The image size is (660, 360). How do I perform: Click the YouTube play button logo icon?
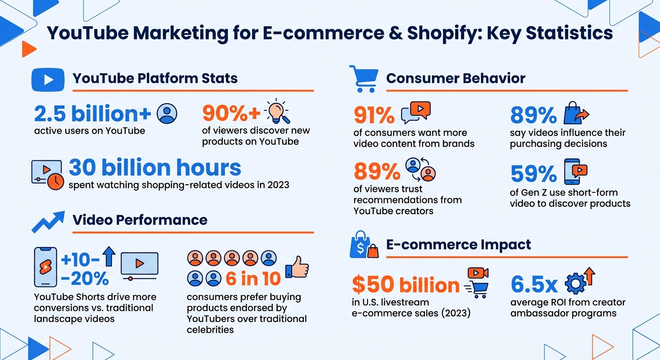(x=47, y=79)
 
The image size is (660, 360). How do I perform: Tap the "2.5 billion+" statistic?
(x=93, y=114)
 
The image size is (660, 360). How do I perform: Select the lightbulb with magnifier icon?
(x=277, y=112)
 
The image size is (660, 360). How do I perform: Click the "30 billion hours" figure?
(x=155, y=168)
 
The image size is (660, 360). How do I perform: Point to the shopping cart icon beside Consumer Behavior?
(x=363, y=78)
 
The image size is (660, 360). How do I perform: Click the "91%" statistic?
(x=374, y=115)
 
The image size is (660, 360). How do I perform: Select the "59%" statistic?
(x=533, y=174)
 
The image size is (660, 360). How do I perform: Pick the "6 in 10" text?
(x=253, y=279)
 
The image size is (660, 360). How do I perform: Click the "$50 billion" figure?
(x=405, y=285)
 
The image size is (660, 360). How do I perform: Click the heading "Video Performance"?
(x=140, y=220)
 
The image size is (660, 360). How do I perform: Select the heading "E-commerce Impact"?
(x=458, y=245)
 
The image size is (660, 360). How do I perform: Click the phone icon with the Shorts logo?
(x=46, y=267)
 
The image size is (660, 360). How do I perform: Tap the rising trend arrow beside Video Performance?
(x=48, y=221)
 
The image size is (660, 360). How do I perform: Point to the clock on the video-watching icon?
(x=56, y=181)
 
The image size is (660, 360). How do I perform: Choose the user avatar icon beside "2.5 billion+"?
(x=167, y=113)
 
